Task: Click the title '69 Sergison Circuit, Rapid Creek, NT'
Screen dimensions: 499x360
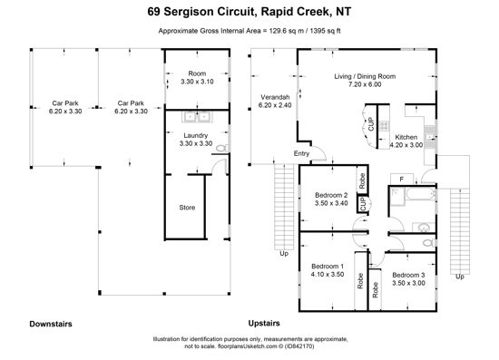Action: point(249,12)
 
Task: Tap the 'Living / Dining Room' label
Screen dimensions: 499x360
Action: point(365,76)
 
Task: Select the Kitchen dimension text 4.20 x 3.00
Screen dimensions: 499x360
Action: point(406,145)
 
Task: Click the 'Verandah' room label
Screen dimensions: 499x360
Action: point(275,97)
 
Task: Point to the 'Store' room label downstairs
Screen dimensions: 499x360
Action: point(187,208)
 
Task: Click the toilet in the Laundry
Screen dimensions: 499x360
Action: point(223,148)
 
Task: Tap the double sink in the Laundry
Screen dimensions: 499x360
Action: point(197,117)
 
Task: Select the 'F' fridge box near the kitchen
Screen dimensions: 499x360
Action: point(402,179)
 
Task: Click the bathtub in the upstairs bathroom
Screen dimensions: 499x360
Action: point(420,194)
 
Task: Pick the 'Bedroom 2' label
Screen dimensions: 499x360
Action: point(331,195)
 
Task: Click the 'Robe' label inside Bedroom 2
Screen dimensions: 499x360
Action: point(362,180)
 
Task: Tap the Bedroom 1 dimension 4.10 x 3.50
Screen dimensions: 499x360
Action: point(328,275)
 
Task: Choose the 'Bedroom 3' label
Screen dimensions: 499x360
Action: point(408,275)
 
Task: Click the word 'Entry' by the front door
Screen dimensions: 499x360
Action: point(301,153)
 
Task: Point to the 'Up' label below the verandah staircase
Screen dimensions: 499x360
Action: point(284,254)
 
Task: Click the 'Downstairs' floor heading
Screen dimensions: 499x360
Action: point(51,324)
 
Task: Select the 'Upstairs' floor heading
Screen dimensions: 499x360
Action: point(264,324)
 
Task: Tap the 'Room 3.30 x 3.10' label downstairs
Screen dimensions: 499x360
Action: point(197,78)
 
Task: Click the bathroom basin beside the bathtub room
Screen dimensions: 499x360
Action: point(424,228)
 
